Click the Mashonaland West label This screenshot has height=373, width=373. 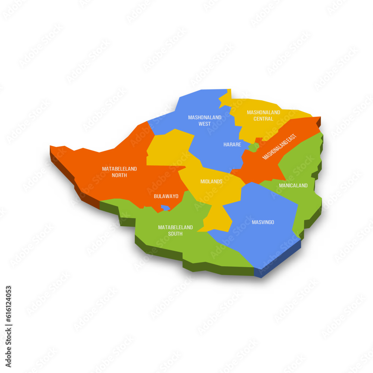pos(204,120)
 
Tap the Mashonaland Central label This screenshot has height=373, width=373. pos(263,116)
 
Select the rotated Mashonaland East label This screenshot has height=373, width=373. pos(281,147)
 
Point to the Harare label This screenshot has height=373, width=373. pos(232,144)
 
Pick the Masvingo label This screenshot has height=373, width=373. pos(263,222)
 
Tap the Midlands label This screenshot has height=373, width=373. pos(211,182)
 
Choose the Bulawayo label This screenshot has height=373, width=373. pos(166,196)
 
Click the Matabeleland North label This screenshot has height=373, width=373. pos(119,172)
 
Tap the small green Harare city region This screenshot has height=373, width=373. pos(254,147)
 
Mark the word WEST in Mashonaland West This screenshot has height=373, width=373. pos(204,124)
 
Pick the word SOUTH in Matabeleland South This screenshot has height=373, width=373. pos(175,234)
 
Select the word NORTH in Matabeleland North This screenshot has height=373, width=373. pos(119,175)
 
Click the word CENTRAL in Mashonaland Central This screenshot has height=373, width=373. pos(263,119)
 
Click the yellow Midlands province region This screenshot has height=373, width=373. pos(168,149)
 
